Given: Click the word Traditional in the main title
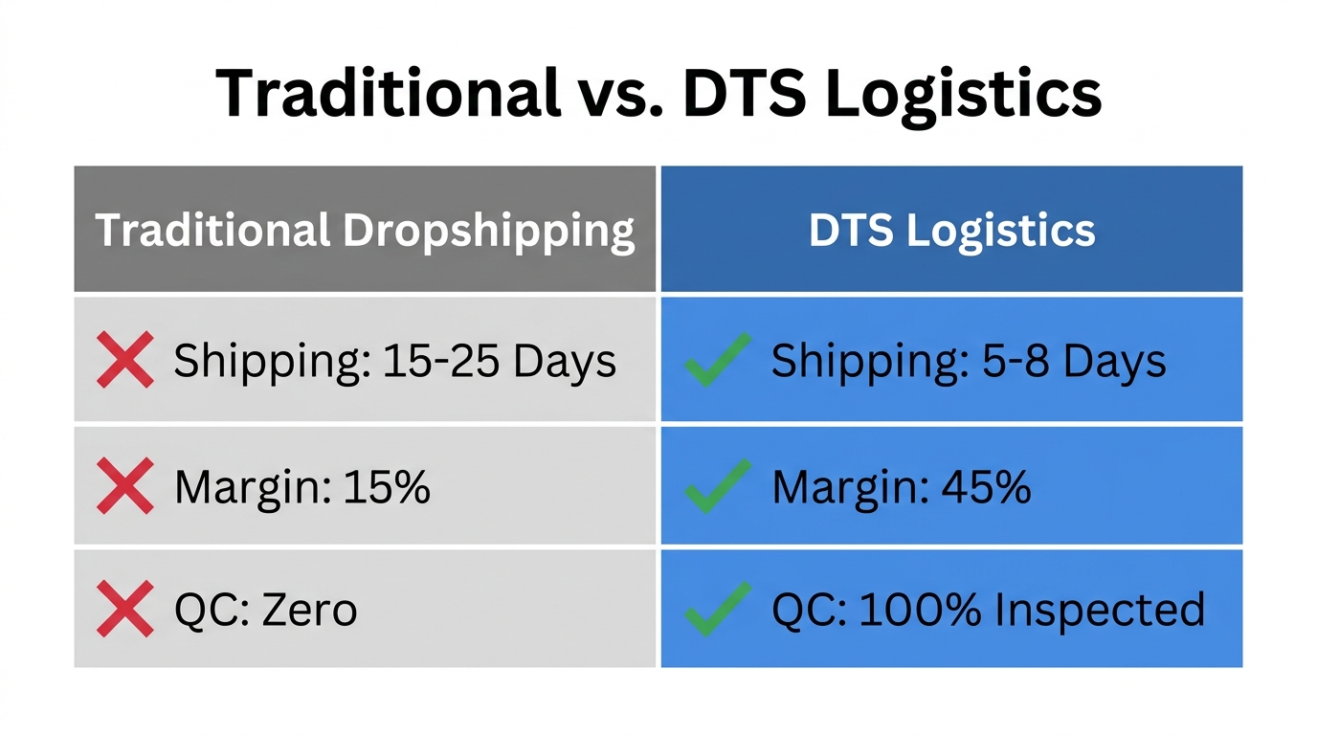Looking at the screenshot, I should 388,94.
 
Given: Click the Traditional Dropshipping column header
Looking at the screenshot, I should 365,231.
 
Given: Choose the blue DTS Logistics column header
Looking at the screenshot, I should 951,231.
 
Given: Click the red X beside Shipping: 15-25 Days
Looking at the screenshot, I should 125,360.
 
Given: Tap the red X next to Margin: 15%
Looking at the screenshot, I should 125,486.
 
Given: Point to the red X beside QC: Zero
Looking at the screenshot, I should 125,609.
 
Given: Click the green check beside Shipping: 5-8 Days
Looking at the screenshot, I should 717,360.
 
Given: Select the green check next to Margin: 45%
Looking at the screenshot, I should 717,486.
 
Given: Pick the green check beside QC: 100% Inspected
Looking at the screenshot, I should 717,609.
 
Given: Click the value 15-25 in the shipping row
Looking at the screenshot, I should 441,361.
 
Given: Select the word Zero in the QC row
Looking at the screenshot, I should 308,610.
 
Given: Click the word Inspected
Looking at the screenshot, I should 1101,610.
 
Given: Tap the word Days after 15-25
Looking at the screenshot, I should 565,361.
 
